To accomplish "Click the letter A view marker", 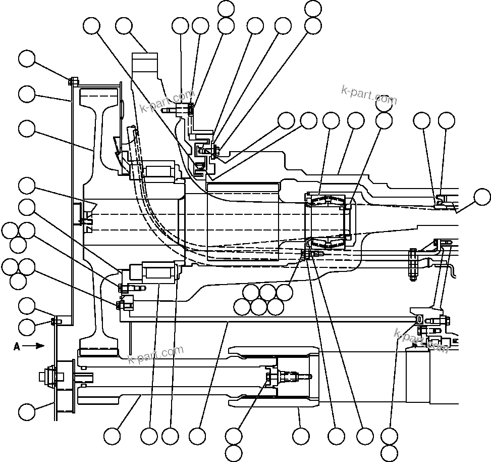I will pos(17,346).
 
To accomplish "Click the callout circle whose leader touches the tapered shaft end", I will pos(482,197).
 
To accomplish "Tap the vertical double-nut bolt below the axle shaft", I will pos(412,264).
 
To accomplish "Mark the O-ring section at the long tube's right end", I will pos(419,319).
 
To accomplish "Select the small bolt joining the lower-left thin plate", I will pos(53,320).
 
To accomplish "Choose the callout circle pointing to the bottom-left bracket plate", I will pos(27,411).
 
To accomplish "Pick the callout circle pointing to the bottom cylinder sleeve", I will pos(301,436).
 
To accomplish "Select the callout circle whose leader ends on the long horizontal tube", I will pos(197,436).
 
